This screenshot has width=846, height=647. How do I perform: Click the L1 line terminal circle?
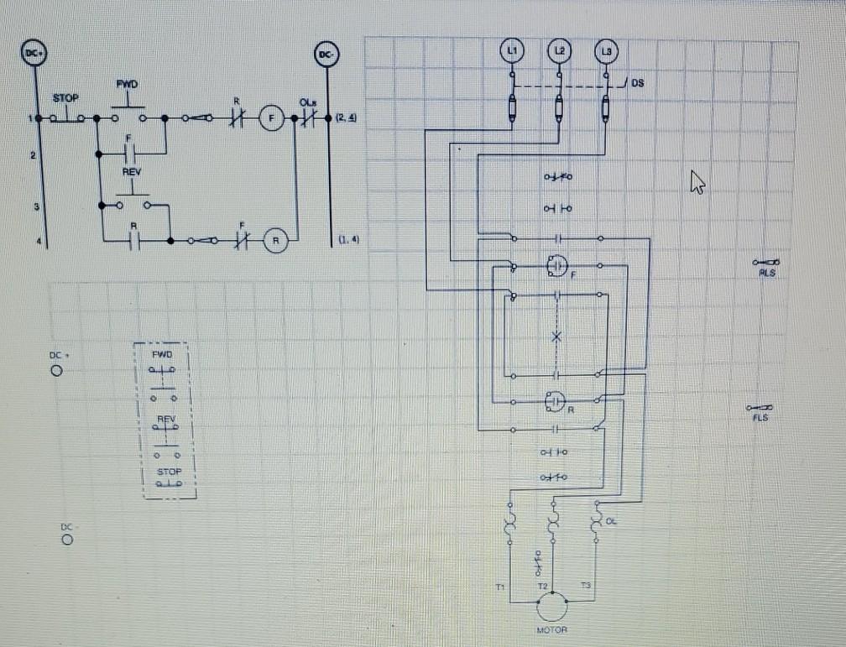point(512,51)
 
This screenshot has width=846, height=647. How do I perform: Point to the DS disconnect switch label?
point(638,83)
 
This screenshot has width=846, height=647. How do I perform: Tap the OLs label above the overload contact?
point(306,101)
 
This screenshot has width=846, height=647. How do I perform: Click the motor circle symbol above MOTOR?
point(551,606)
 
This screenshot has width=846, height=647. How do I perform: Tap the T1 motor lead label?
point(501,585)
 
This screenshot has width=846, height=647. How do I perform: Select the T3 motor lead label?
point(585,585)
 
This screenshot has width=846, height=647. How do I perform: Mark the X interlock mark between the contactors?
point(556,336)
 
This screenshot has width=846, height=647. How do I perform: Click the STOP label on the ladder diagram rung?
point(65,98)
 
